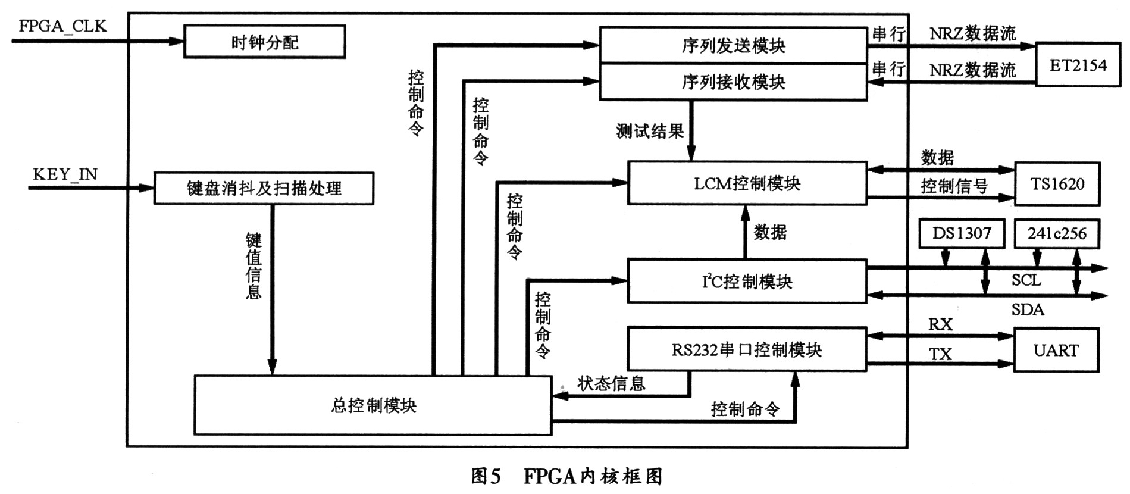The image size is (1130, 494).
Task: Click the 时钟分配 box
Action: coord(264,42)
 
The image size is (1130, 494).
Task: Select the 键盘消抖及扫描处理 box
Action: coord(264,189)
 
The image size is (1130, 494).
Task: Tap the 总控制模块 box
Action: coord(373,405)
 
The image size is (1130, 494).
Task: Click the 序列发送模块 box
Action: coord(733,45)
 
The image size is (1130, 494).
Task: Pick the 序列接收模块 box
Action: coord(733,82)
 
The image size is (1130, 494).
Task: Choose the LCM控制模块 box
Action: coord(747,183)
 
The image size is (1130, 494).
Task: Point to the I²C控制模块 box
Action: coord(747,281)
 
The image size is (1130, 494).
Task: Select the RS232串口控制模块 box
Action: coord(747,349)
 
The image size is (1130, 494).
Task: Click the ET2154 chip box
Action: coord(1078,65)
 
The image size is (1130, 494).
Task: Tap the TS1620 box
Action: coord(1057,184)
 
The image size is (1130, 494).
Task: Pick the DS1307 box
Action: coord(962,233)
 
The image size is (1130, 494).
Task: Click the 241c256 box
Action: coord(1056,233)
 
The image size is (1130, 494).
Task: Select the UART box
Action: coord(1056,350)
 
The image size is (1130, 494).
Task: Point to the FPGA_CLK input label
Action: coord(62,26)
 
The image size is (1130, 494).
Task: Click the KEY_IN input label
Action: coord(65,174)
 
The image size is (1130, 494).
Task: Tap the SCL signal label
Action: coord(1026,280)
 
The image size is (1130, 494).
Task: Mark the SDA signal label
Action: coord(1028,309)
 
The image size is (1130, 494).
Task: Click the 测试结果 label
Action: coord(650,132)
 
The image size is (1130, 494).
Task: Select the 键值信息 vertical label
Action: coord(254,265)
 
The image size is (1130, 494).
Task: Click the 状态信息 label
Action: coord(611,384)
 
